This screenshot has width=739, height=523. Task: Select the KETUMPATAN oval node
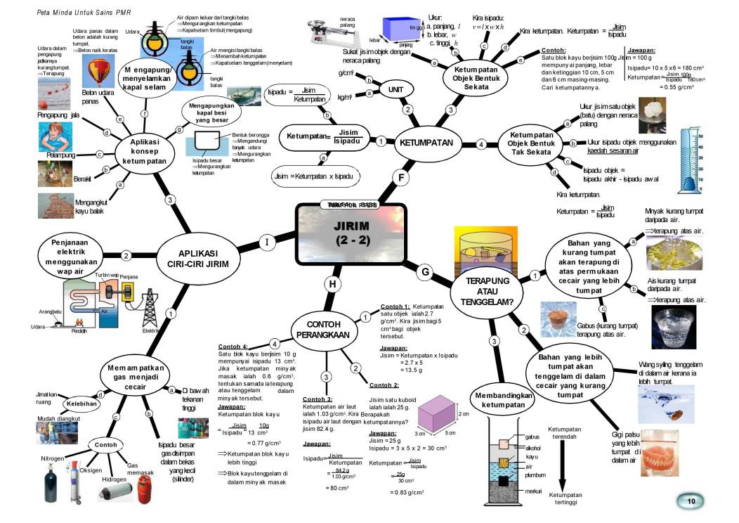tap(426, 143)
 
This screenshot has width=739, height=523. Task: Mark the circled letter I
tap(267, 243)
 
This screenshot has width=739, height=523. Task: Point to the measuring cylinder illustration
tap(690, 160)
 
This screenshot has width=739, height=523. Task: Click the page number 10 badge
tap(691, 501)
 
